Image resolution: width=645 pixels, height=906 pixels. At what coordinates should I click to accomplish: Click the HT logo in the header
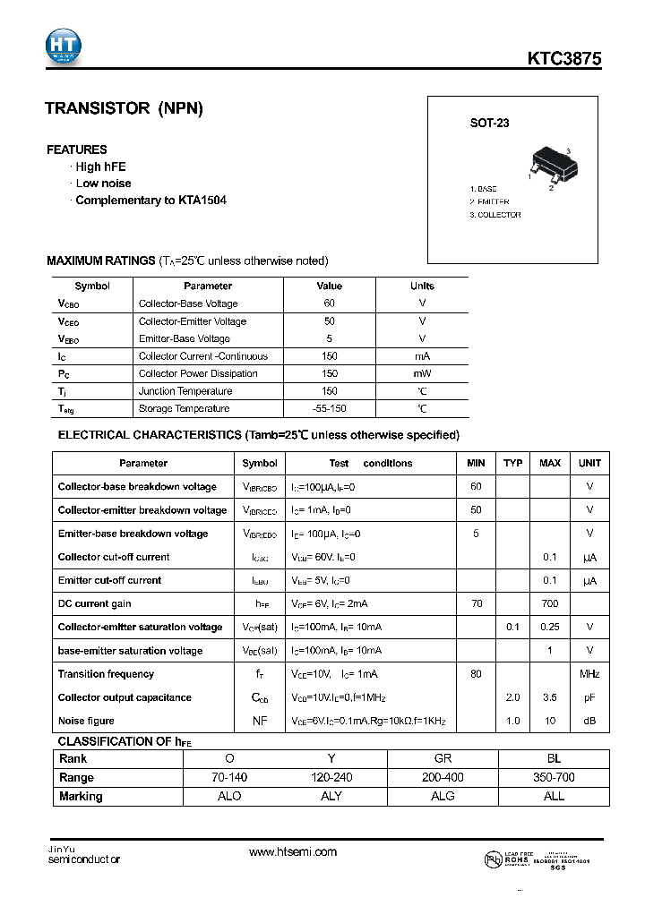click(64, 46)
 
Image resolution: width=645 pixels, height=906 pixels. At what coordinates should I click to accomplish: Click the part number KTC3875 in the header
click(563, 59)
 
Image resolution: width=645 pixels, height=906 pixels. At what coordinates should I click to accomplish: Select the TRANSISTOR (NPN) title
click(125, 109)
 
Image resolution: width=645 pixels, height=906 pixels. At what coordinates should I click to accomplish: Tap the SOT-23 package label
click(489, 124)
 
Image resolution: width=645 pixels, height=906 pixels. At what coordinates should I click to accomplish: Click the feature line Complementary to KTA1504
click(150, 201)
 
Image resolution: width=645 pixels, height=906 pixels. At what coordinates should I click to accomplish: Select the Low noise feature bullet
click(103, 184)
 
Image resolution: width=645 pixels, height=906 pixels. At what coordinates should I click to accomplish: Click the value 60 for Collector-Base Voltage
click(330, 303)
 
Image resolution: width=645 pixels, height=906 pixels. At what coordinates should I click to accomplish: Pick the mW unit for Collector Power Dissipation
click(422, 373)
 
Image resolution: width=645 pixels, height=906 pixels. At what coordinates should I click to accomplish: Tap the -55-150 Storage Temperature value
click(330, 408)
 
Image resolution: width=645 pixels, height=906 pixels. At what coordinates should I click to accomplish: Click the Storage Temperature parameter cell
click(185, 408)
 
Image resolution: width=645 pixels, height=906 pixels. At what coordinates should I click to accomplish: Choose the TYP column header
click(512, 463)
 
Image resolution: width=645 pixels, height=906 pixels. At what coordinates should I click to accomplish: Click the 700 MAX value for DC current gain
click(550, 603)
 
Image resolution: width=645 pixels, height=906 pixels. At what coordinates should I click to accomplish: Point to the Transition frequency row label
click(106, 674)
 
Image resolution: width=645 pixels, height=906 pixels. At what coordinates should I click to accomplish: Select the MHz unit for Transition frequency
click(589, 674)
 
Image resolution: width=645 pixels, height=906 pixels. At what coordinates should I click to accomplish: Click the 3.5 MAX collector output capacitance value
click(550, 697)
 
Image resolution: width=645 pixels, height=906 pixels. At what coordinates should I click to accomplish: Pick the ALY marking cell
click(331, 796)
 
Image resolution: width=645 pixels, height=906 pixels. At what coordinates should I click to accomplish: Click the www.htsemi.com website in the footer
click(293, 852)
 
